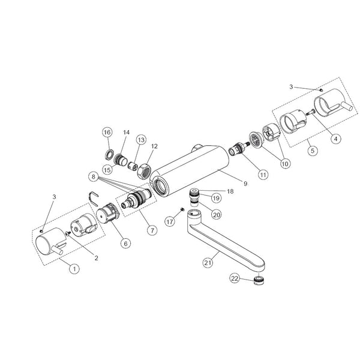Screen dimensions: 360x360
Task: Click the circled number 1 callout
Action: point(74,268)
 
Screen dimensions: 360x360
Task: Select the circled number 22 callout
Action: point(235,278)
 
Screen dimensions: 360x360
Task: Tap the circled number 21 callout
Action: point(208,262)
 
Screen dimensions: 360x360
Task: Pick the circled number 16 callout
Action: point(107,132)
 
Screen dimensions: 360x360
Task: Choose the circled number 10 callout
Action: point(284,163)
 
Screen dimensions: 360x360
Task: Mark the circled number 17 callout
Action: point(170,221)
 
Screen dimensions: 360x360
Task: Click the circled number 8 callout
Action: point(94,177)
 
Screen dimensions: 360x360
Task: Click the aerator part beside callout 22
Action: point(259,280)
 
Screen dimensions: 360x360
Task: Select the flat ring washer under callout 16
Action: point(109,154)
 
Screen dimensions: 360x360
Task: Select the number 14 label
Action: point(126,132)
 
